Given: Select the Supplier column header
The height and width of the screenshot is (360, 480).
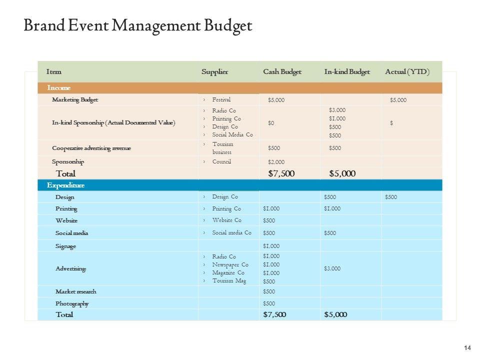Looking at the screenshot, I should click(x=214, y=72).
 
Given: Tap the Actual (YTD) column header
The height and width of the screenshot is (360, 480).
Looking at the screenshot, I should click(x=407, y=72).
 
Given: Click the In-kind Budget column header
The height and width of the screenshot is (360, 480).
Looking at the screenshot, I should click(x=347, y=72).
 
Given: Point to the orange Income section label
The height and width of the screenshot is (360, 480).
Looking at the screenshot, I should click(x=59, y=88).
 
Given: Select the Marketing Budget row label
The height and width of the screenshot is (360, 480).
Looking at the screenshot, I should click(x=75, y=100).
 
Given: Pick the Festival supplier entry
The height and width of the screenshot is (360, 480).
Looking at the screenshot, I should click(x=221, y=99).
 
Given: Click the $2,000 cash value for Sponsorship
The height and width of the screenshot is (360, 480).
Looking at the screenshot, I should click(x=276, y=162).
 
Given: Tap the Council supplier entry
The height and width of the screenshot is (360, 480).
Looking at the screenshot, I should click(x=221, y=161).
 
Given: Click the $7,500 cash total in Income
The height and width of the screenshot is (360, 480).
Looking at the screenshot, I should click(x=281, y=174).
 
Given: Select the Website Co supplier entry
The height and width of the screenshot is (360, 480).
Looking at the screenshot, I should click(x=226, y=220).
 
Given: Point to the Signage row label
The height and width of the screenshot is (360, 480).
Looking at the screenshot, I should click(x=66, y=246).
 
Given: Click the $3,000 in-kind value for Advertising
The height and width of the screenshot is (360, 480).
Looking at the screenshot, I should click(x=332, y=268).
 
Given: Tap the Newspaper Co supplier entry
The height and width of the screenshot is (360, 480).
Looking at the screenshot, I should click(x=230, y=264).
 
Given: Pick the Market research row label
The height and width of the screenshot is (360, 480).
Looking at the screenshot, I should click(x=76, y=291).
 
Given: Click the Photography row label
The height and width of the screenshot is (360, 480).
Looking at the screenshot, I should click(x=72, y=303).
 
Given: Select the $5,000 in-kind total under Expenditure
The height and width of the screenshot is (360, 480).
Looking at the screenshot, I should click(x=335, y=314).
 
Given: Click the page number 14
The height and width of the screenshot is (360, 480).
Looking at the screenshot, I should click(x=468, y=348).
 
